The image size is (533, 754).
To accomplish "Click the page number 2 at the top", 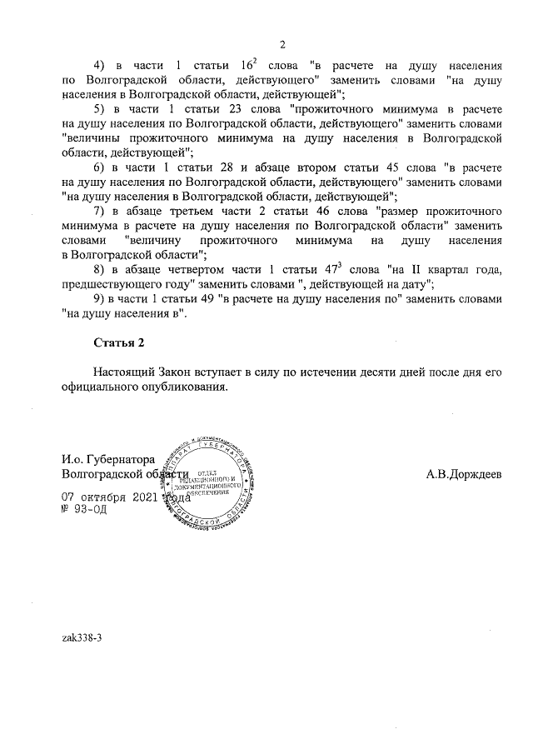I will [282, 44].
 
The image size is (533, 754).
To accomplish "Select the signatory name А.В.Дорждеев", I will [464, 474].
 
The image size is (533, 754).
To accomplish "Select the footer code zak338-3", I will [82, 637].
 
